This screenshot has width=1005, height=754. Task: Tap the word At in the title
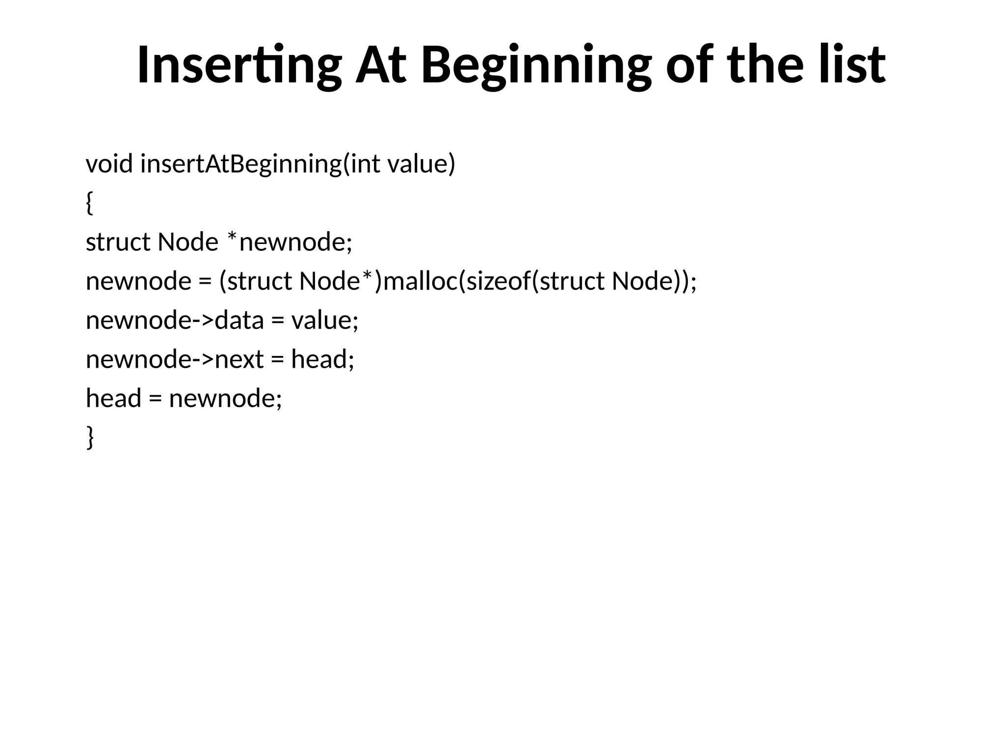381,66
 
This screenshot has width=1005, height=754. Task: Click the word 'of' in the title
689,66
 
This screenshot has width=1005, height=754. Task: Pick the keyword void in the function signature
109,164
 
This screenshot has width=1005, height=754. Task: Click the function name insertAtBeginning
241,164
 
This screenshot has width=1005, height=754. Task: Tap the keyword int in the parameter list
365,164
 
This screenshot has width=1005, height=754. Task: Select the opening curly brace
89,203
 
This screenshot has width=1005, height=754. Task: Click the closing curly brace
90,437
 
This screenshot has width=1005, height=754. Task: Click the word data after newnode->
239,321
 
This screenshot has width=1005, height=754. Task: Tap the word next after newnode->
239,359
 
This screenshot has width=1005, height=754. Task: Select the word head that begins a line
113,398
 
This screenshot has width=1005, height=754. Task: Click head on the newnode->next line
319,359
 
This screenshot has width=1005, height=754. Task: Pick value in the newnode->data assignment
321,321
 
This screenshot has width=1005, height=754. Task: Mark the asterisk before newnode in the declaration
233,238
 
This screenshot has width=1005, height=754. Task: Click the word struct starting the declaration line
118,242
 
